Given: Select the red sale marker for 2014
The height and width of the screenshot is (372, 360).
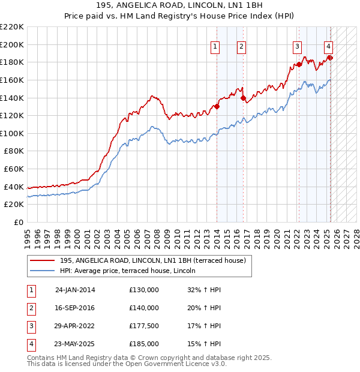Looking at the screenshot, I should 217,107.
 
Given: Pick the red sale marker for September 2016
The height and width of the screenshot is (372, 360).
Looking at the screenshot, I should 243,98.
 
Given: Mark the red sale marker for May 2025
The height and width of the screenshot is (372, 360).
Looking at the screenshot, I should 330,58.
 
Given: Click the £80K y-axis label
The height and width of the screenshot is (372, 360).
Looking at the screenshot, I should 14,151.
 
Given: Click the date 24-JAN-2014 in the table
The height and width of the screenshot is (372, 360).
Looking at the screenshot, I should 75,290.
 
